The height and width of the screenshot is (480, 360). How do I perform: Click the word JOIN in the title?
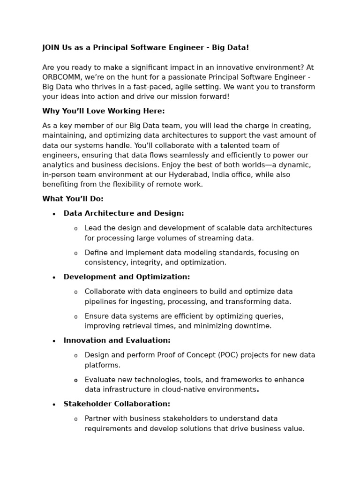(51, 48)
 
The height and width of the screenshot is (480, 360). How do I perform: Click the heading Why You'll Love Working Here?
(104, 111)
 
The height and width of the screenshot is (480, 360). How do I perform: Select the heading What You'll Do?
(73, 199)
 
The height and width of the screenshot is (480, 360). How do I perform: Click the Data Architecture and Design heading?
(124, 214)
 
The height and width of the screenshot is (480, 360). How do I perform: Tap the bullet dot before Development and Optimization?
(54, 277)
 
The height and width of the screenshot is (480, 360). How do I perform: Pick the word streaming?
(217, 238)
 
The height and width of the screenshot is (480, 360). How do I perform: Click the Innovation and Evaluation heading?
(117, 341)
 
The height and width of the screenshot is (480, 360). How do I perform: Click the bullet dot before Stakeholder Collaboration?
(54, 405)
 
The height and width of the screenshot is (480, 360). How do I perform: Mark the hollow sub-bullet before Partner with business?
(76, 419)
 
